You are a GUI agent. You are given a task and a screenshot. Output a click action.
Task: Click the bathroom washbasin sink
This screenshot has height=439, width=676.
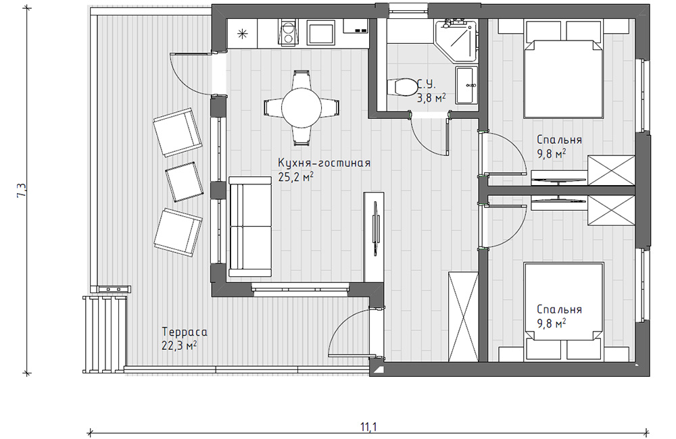pos(467,85)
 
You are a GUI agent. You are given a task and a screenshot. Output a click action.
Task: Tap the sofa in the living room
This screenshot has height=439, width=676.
pos(249,226)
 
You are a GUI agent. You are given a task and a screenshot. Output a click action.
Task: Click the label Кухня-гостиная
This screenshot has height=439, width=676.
pos(324,163)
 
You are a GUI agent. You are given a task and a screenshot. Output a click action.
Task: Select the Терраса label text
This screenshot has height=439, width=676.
pos(185,332)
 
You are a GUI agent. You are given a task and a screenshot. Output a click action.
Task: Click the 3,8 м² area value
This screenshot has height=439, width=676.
pos(431,98)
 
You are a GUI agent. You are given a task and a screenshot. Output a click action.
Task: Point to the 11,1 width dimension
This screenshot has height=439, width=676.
pos(368,427)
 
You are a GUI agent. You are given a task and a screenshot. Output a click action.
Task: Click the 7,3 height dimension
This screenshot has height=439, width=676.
pos(22,190)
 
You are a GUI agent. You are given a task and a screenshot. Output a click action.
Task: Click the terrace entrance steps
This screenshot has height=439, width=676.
pos(104,334)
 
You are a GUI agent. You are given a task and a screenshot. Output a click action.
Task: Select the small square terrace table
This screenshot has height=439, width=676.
pos(184,182)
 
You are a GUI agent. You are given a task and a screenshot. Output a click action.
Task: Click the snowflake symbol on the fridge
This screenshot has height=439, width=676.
pos(243,34)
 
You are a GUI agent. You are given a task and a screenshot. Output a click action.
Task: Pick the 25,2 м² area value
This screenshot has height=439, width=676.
pos(296,177)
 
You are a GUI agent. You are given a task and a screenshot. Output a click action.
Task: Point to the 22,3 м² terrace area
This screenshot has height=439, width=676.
pos(180,346)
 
